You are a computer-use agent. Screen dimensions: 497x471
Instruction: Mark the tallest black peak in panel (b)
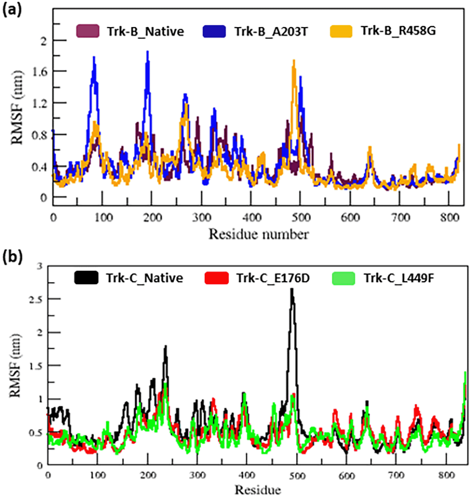292,290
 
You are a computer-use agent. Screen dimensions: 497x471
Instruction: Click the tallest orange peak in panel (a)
293,61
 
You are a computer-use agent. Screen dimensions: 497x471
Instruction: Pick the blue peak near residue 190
147,52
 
